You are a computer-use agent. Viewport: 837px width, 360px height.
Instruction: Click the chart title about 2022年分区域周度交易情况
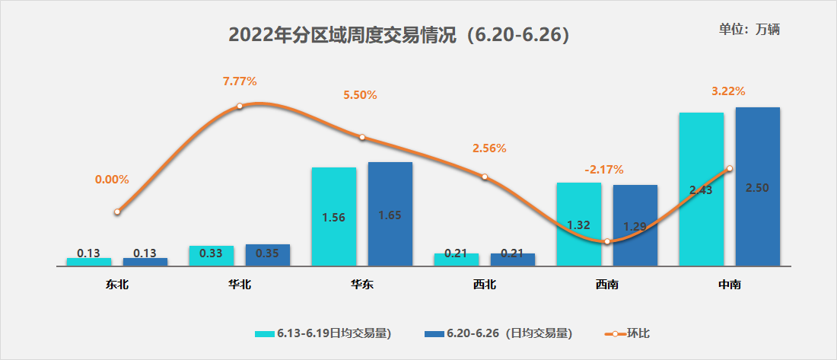click(x=399, y=36)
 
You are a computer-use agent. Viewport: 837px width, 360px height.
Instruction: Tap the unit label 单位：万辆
click(x=750, y=30)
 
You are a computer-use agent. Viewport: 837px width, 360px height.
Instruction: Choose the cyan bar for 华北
click(x=212, y=256)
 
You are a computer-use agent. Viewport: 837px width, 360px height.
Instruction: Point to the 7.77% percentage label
click(x=240, y=80)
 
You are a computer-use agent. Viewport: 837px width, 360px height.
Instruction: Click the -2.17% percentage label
click(x=604, y=169)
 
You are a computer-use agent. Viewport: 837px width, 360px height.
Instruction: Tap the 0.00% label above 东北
click(x=112, y=180)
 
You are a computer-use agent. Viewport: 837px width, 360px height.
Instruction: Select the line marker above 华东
click(x=362, y=137)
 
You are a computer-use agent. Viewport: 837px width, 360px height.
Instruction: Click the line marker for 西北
click(x=485, y=177)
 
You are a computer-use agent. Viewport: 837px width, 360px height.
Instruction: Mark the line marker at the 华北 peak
click(x=240, y=106)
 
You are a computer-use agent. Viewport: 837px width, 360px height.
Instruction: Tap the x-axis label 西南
click(x=606, y=285)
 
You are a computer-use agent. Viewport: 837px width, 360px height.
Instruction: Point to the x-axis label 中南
click(x=729, y=285)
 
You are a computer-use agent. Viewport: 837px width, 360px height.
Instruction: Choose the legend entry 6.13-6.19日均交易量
click(x=323, y=333)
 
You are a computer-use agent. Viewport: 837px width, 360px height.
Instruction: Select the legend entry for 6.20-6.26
click(x=498, y=333)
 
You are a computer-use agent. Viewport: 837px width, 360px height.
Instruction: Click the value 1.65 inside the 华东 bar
click(x=390, y=215)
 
